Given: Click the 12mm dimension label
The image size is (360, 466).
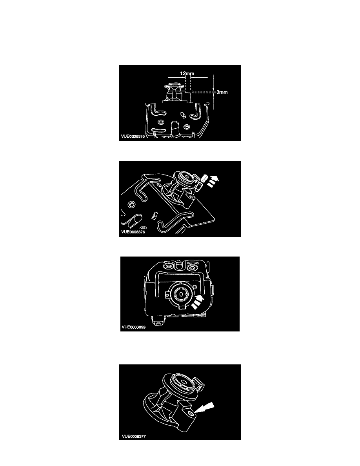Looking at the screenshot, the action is click(x=187, y=73).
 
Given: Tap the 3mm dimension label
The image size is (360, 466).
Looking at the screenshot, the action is click(x=222, y=92).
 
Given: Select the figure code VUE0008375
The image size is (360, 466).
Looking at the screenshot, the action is click(x=133, y=137).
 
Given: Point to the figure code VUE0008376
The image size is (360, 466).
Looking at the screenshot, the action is click(x=133, y=232).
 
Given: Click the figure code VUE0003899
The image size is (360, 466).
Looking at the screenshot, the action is click(x=134, y=327).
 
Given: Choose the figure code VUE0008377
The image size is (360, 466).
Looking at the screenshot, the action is click(x=134, y=436).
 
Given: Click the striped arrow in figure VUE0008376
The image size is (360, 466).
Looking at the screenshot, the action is click(x=213, y=181).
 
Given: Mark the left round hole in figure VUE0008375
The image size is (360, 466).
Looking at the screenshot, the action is click(x=161, y=122).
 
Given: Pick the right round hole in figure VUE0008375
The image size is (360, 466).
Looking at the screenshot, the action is click(x=186, y=127).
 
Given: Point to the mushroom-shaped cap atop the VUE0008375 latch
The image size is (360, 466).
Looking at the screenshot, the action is click(x=174, y=85).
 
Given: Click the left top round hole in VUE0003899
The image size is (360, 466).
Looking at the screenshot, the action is click(x=169, y=267).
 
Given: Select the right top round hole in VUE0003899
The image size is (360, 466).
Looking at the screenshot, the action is click(x=192, y=268).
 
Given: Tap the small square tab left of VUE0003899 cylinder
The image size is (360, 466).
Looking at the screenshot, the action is click(x=168, y=295).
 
